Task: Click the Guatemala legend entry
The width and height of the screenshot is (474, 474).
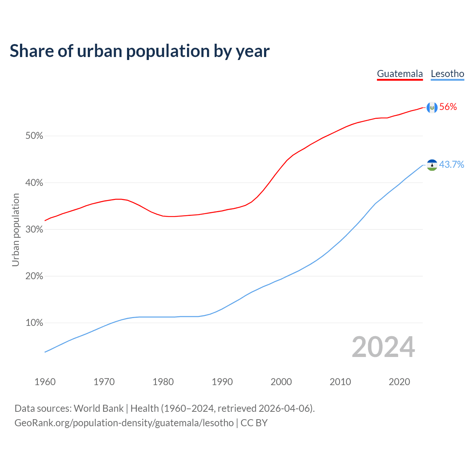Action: (x=400, y=74)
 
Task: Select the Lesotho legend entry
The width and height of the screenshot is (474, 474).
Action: (x=447, y=74)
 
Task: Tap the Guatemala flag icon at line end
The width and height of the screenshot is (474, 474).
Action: (x=432, y=107)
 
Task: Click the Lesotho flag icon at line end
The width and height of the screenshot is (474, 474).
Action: (x=432, y=165)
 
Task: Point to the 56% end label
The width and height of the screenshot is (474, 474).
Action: (x=448, y=107)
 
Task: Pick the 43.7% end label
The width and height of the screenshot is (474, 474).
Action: (x=451, y=164)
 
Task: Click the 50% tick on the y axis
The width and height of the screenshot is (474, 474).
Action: (x=34, y=136)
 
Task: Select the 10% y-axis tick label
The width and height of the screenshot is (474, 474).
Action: (x=34, y=323)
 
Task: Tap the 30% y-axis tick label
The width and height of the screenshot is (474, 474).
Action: (x=34, y=230)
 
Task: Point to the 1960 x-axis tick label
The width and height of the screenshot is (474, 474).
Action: (x=45, y=382)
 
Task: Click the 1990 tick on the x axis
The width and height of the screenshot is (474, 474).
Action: (x=222, y=382)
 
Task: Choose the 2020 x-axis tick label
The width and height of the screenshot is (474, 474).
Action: (x=399, y=382)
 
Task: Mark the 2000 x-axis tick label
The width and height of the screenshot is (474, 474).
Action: (x=281, y=382)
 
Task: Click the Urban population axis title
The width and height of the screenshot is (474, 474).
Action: (x=16, y=230)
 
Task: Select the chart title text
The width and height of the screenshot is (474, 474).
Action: (x=140, y=51)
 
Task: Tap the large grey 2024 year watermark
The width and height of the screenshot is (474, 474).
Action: (x=383, y=347)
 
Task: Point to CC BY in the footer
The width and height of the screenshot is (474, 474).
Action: (x=254, y=423)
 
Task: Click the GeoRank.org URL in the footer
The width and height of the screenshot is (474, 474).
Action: (x=124, y=423)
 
